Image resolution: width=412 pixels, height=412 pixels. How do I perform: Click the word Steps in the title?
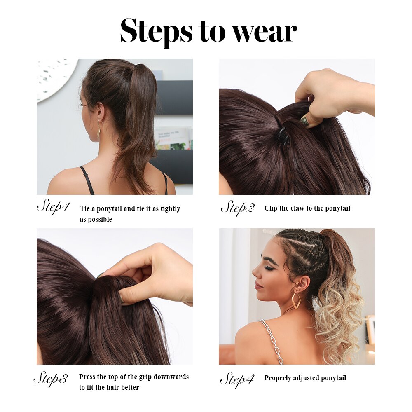156,31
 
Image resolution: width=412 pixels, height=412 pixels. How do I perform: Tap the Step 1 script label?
53,207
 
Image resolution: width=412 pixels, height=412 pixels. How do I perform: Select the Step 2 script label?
238,208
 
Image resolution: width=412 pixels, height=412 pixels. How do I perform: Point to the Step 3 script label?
51,379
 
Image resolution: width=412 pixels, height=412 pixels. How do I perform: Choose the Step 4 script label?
237,379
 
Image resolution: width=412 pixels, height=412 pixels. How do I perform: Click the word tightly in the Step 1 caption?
170,209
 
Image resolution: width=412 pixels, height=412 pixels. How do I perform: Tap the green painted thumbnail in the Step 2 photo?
305,122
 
